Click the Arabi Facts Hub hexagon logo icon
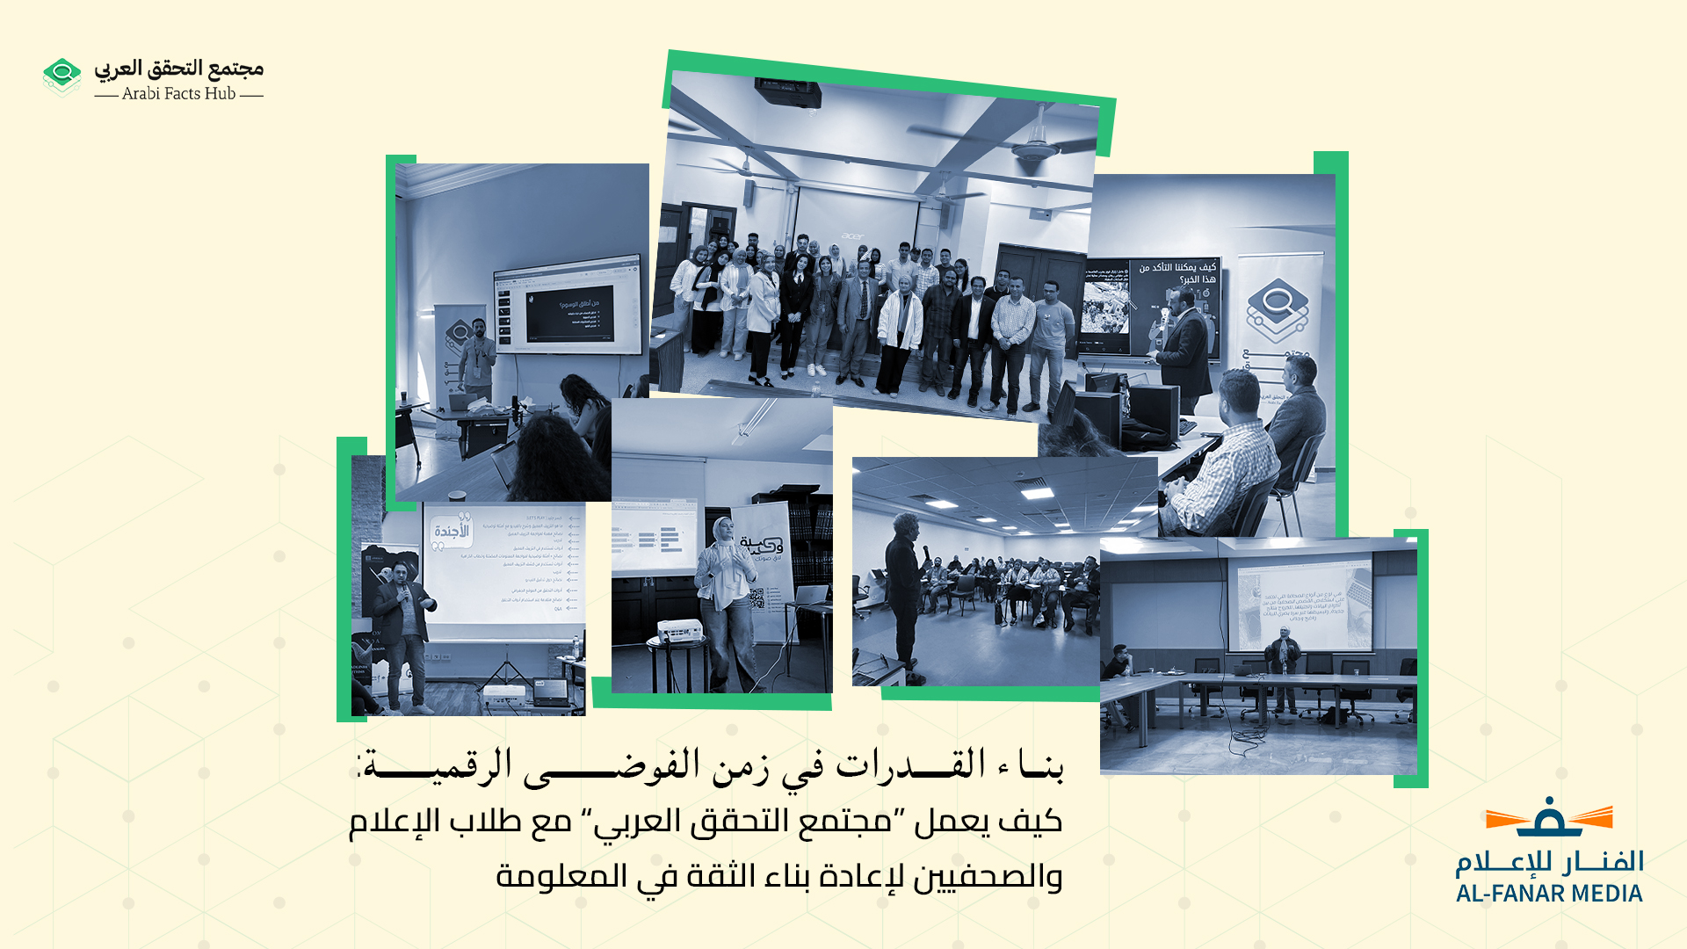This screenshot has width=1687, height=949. (62, 76)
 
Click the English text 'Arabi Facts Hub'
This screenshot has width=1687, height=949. (178, 94)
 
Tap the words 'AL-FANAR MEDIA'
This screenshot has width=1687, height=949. (1548, 894)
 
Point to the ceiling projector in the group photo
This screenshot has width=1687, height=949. (788, 91)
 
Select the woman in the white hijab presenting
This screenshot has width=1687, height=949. (724, 598)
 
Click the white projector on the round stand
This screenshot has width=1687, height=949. (678, 630)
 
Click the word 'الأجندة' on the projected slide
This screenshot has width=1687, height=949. (452, 531)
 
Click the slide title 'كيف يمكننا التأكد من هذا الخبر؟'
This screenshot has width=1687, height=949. (1177, 272)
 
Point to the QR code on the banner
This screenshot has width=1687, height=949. (757, 598)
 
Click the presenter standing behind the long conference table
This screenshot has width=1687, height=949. (1283, 663)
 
